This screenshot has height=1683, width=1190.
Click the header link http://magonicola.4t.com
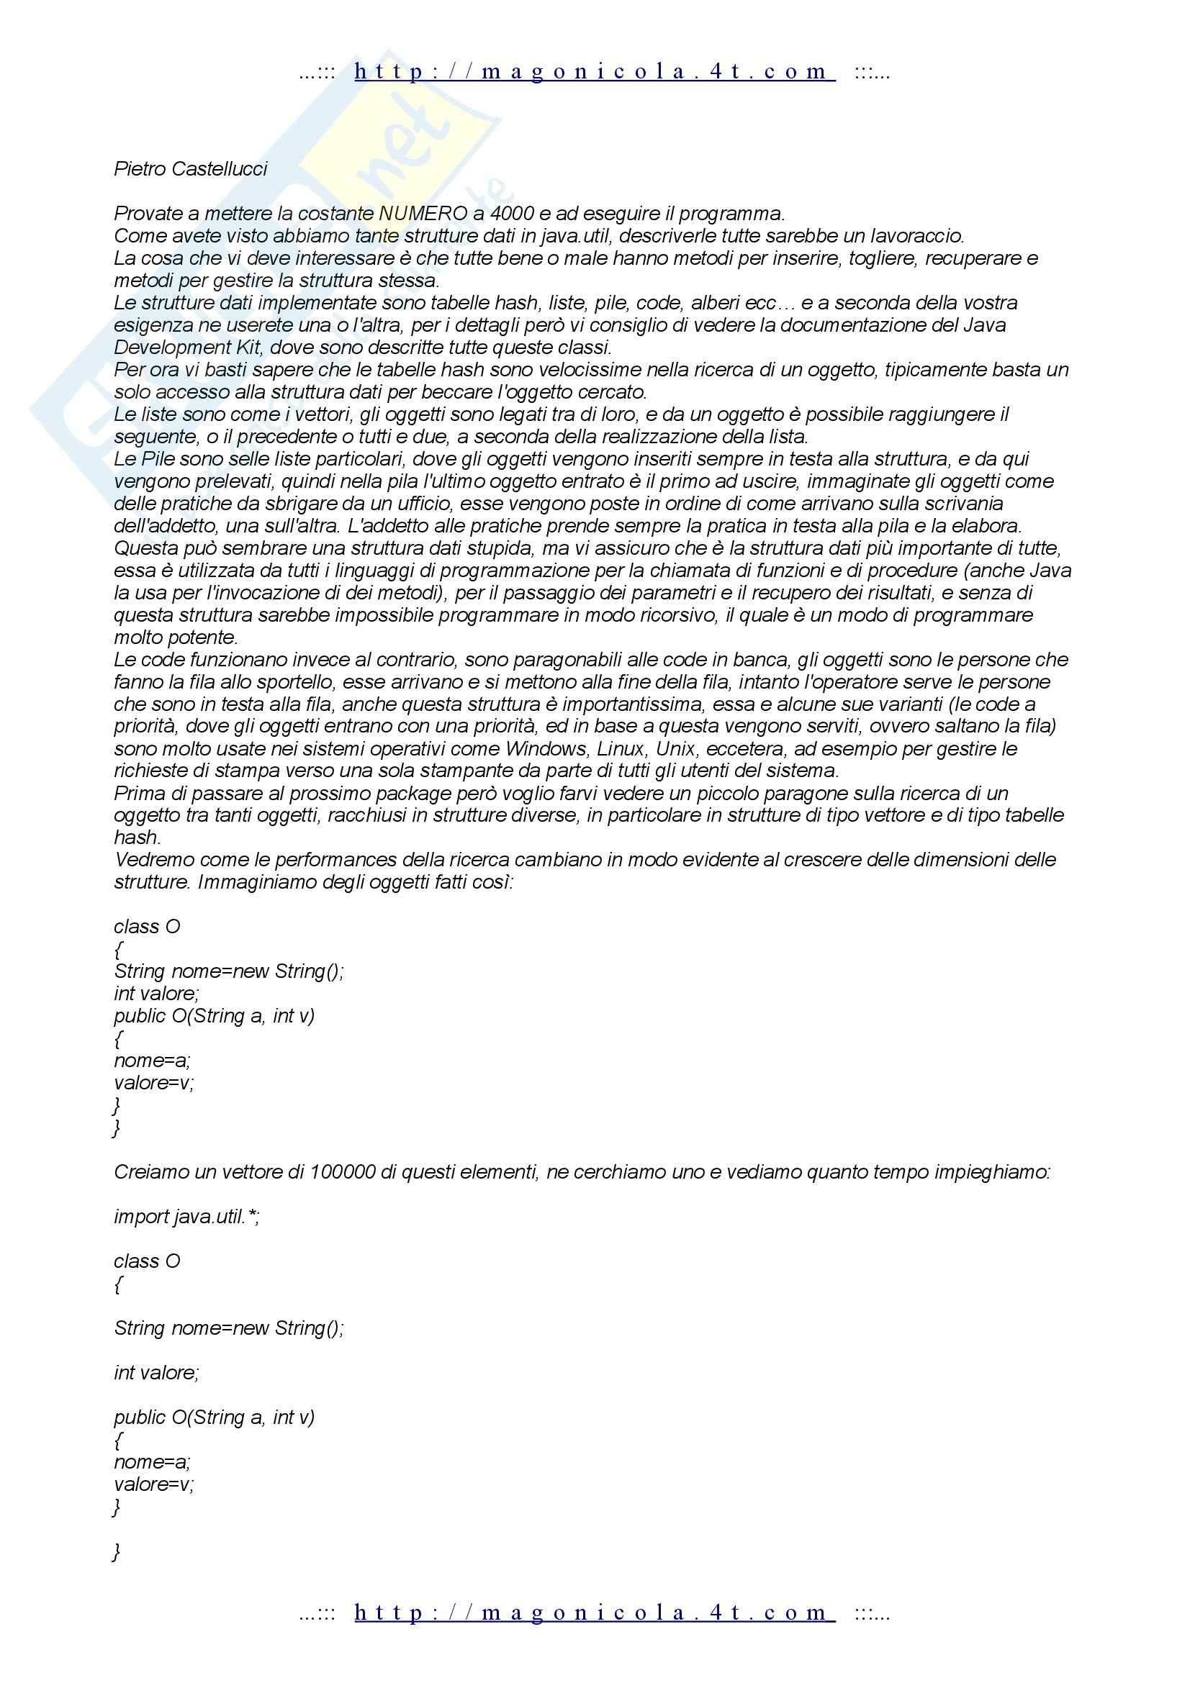[594, 72]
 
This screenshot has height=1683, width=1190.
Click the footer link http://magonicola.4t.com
[594, 1612]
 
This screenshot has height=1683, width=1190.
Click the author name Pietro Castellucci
[191, 169]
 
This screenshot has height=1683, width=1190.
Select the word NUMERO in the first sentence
[423, 214]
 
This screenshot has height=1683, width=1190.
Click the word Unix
[675, 749]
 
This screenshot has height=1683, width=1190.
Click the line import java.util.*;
[187, 1217]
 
